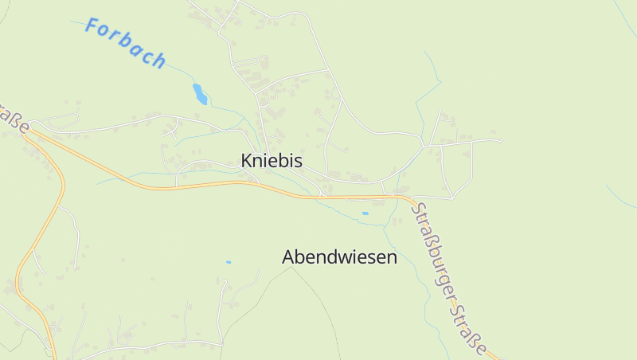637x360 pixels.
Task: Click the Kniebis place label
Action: (x=272, y=161)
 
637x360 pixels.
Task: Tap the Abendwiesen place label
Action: (x=339, y=257)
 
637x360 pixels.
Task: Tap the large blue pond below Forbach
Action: (x=200, y=94)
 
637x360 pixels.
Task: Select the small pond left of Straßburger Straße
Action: (x=365, y=213)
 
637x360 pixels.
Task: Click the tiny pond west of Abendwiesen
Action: (x=228, y=262)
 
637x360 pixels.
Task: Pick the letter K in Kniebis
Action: (x=247, y=161)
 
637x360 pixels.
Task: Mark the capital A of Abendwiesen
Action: (x=289, y=257)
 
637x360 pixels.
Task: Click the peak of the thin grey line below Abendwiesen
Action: (x=291, y=267)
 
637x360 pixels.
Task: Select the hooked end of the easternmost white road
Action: (x=501, y=141)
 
